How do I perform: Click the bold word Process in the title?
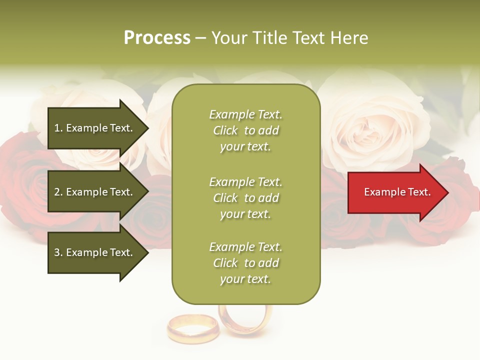pos(157,38)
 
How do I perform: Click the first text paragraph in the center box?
pos(245,130)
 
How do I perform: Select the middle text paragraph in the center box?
pos(245,198)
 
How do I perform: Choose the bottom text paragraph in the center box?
pos(245,263)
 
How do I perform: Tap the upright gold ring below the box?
pos(245,317)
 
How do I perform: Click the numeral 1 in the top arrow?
pos(57,128)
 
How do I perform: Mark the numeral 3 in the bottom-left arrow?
pos(57,252)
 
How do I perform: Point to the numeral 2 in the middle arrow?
pos(57,192)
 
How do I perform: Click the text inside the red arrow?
pos(397,192)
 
